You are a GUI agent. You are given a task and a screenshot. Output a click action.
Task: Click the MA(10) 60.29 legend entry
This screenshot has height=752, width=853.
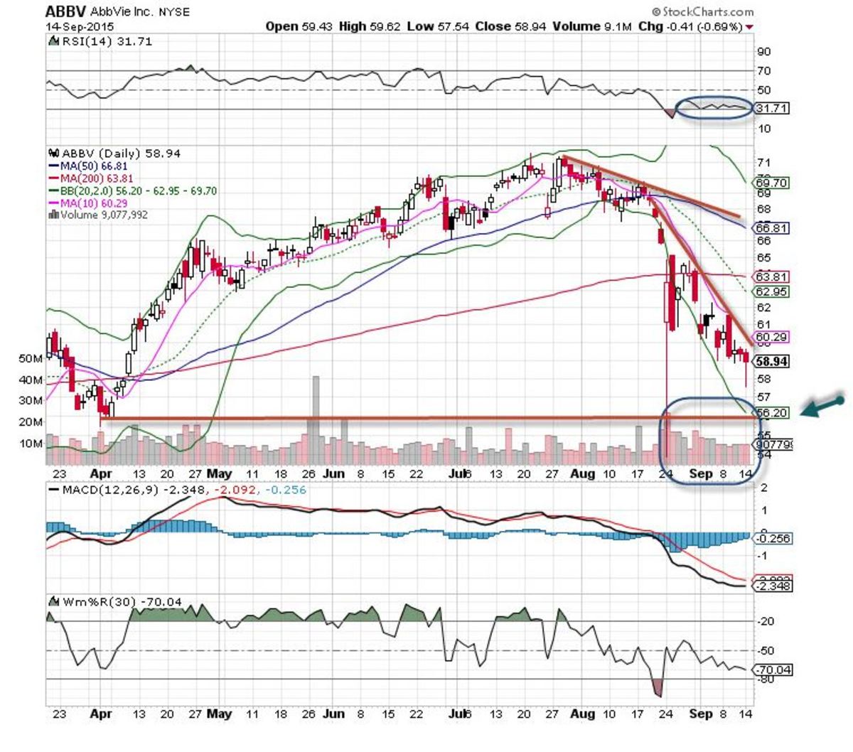(x=95, y=203)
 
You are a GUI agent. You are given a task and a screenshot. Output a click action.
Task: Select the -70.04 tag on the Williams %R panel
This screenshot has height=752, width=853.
(x=772, y=670)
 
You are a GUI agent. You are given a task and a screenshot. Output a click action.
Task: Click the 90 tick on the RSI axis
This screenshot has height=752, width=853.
(x=763, y=52)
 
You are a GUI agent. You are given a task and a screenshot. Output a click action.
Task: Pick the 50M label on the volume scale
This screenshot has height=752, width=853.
(x=30, y=359)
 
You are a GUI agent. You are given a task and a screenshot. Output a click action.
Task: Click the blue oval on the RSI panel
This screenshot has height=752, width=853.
(x=714, y=107)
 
